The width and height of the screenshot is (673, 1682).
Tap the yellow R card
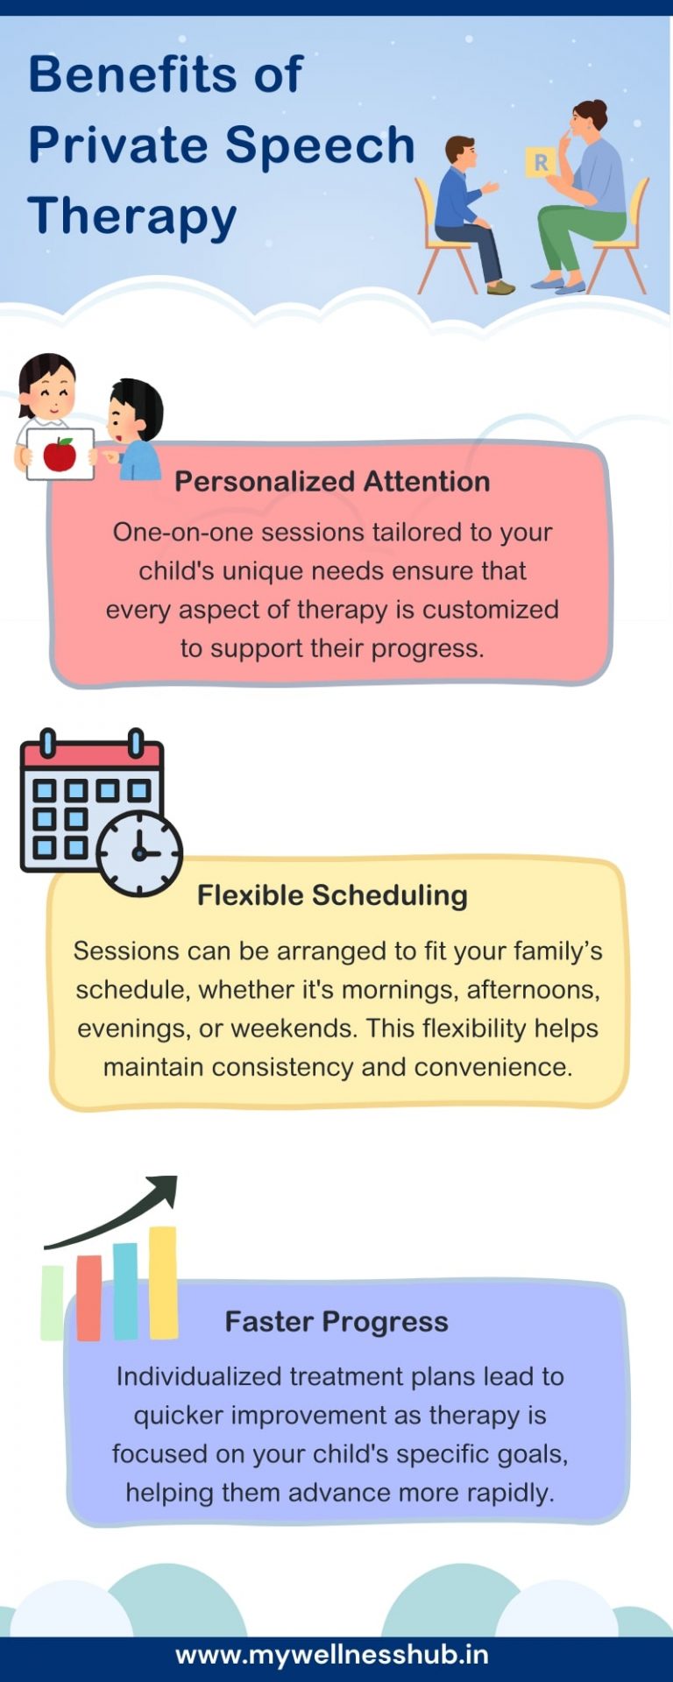click(540, 162)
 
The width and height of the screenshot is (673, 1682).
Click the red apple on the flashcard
click(60, 454)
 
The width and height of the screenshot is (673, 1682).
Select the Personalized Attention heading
click(332, 481)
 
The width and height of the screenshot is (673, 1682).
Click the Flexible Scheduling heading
click(332, 895)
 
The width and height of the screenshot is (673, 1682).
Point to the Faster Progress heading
click(336, 1321)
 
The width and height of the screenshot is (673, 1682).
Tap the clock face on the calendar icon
click(139, 853)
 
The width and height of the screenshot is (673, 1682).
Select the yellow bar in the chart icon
click(163, 1283)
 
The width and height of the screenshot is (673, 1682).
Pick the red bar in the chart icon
click(89, 1297)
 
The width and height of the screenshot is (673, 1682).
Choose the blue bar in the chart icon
click(125, 1291)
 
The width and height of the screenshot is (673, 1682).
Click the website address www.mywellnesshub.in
click(332, 1655)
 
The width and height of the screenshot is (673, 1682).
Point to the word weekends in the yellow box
click(294, 1028)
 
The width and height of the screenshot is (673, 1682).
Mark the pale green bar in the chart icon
click(53, 1303)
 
